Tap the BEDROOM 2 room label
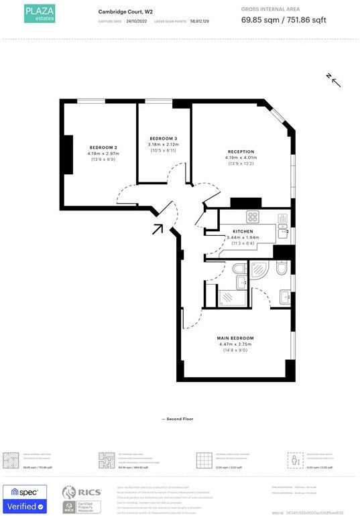click(x=103, y=147)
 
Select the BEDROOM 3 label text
click(x=163, y=138)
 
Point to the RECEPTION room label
click(x=241, y=151)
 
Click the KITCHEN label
click(x=243, y=231)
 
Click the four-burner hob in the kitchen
click(x=253, y=216)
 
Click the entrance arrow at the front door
click(x=158, y=229)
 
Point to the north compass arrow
click(x=334, y=80)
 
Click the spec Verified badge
click(x=25, y=500)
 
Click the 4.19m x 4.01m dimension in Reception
click(x=241, y=158)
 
